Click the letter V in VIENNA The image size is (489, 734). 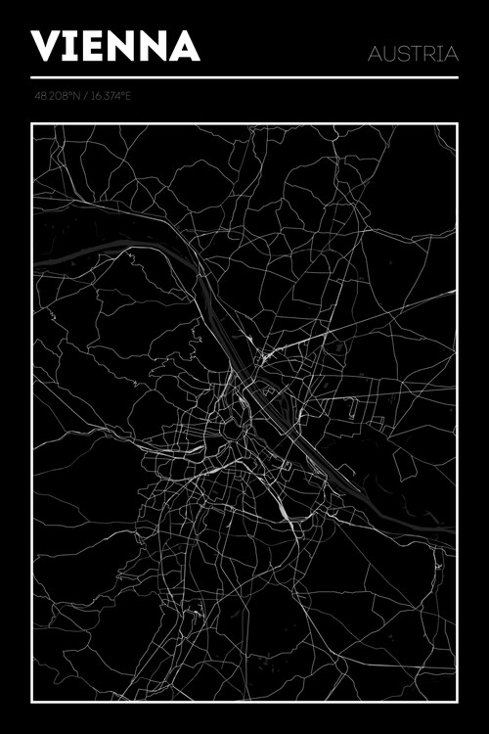point(47,47)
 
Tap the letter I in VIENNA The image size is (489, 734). point(72,47)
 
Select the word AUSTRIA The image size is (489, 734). point(413,54)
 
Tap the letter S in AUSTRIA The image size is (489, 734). point(401,54)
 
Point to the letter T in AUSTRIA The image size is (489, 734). point(415,54)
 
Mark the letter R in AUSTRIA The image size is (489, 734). point(428,54)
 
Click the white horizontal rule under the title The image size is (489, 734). point(244,77)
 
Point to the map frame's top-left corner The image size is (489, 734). point(32,124)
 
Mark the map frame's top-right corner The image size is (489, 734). point(457,124)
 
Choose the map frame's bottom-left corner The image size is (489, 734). point(32,702)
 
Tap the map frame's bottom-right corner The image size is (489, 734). point(457,702)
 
